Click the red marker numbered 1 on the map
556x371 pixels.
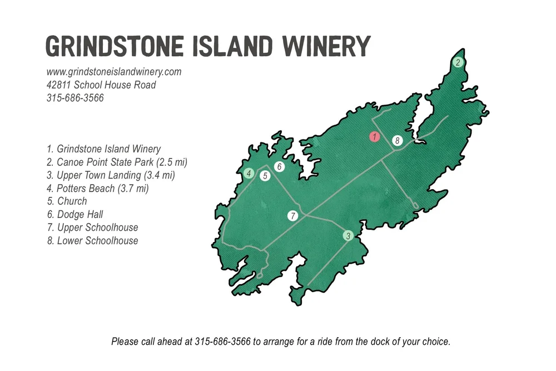click(375, 136)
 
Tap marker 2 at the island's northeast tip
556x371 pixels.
click(458, 62)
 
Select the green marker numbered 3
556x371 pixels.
click(348, 236)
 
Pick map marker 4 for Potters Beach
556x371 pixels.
click(249, 174)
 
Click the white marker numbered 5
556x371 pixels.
click(265, 176)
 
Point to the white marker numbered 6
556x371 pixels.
click(280, 166)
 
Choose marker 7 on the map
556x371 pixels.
click(293, 216)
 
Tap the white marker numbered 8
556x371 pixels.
click(397, 141)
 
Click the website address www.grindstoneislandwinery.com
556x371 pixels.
click(114, 72)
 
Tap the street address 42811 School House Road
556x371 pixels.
click(101, 85)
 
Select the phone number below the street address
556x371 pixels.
click(75, 98)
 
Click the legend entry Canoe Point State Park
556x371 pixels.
click(117, 162)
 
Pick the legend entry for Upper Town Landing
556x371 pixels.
click(111, 175)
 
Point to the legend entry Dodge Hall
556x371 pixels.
click(75, 215)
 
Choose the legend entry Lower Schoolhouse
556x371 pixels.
click(92, 241)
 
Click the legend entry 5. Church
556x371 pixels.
click(67, 201)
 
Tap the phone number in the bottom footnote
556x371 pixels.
click(223, 342)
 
